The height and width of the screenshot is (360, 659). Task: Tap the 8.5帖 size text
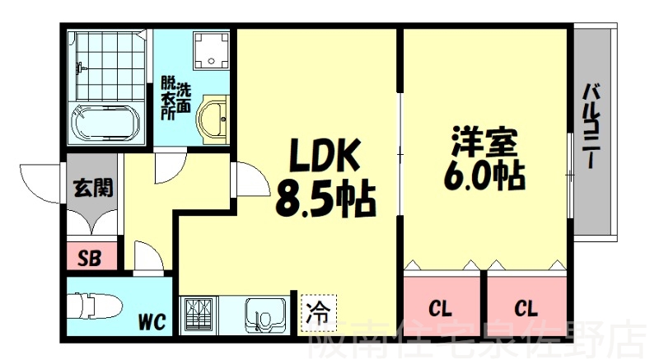coord(325,199)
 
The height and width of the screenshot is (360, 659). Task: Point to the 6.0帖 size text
coord(484,175)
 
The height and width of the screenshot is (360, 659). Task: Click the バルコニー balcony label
coord(592,126)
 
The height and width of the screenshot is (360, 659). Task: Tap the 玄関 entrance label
coord(93,188)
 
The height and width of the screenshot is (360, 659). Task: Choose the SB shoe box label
coord(90,258)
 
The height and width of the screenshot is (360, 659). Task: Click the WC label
coord(152,322)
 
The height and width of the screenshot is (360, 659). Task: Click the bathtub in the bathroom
coord(105,123)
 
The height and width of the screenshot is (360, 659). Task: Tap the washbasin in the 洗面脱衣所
coord(213,119)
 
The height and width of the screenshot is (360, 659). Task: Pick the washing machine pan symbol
coord(211,51)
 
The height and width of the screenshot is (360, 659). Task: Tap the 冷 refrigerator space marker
coord(318,312)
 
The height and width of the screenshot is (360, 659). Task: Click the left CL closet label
coord(440,310)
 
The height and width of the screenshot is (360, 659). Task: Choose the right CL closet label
coord(526,310)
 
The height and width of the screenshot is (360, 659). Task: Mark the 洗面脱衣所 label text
coord(176,100)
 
